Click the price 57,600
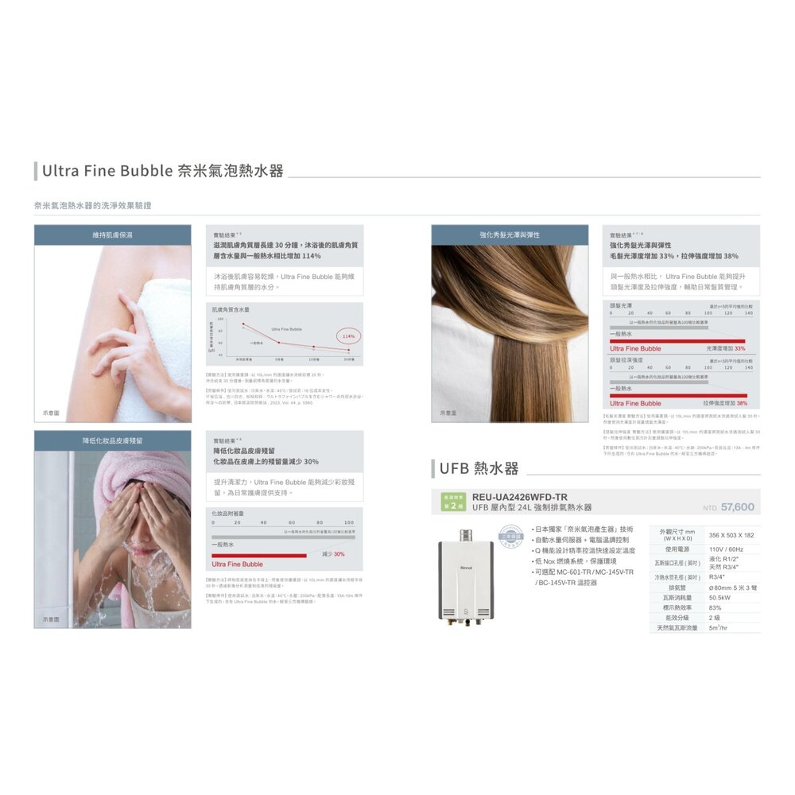737,507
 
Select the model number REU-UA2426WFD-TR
520,496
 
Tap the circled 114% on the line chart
347,336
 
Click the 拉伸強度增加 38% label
720,403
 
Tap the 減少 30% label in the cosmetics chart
333,553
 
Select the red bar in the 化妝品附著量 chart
259,556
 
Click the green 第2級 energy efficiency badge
452,502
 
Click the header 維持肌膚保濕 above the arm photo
112,235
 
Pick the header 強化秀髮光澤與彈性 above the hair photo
510,235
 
